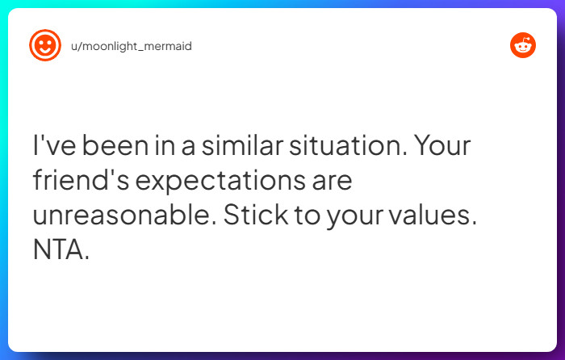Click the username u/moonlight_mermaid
coord(132,46)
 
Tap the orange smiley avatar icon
coord(45,45)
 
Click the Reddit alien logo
coord(523,45)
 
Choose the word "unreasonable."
coord(123,216)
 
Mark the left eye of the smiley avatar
coord(40,41)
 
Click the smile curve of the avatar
coord(45,51)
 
